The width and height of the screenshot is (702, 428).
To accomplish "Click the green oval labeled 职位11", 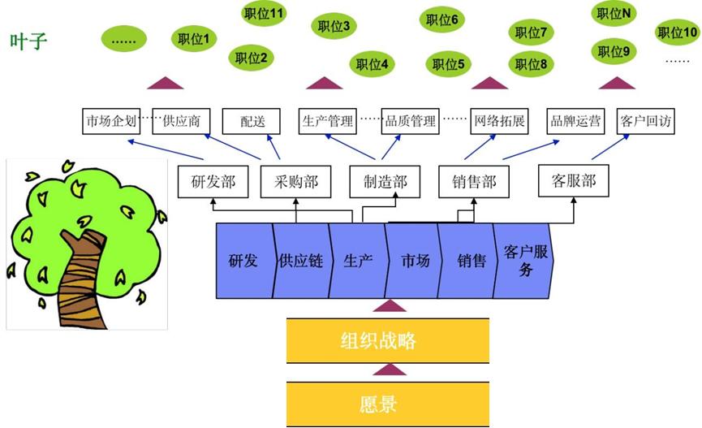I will coord(264,14).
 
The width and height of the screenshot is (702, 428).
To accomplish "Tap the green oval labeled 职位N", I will coord(614,14).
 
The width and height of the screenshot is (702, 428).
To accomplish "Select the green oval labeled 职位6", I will coord(441,20).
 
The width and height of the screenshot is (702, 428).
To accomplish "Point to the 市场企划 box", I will coord(111,122).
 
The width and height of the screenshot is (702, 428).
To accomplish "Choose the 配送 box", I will coord(252,122).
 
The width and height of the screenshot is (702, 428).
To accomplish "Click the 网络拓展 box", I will coord(498,122).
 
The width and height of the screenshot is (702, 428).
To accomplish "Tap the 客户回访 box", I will coord(646,122).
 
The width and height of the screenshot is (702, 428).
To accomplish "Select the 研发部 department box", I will coord(213,182).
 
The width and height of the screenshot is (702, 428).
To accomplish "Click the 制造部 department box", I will coord(384,182).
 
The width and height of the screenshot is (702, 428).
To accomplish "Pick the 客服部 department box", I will coord(574,180).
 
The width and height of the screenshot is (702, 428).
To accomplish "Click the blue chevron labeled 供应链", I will coord(300,262).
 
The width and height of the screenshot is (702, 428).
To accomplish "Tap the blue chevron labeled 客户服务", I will coord(526,260).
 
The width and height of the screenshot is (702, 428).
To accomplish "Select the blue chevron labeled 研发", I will coord(243,262).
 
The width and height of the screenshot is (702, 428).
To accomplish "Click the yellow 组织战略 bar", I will coord(388,341).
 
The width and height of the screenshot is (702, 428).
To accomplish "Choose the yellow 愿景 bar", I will coord(388,404).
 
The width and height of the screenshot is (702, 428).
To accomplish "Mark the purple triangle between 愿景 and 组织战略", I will coord(389,370).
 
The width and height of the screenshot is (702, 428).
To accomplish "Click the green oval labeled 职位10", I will coord(677,33).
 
